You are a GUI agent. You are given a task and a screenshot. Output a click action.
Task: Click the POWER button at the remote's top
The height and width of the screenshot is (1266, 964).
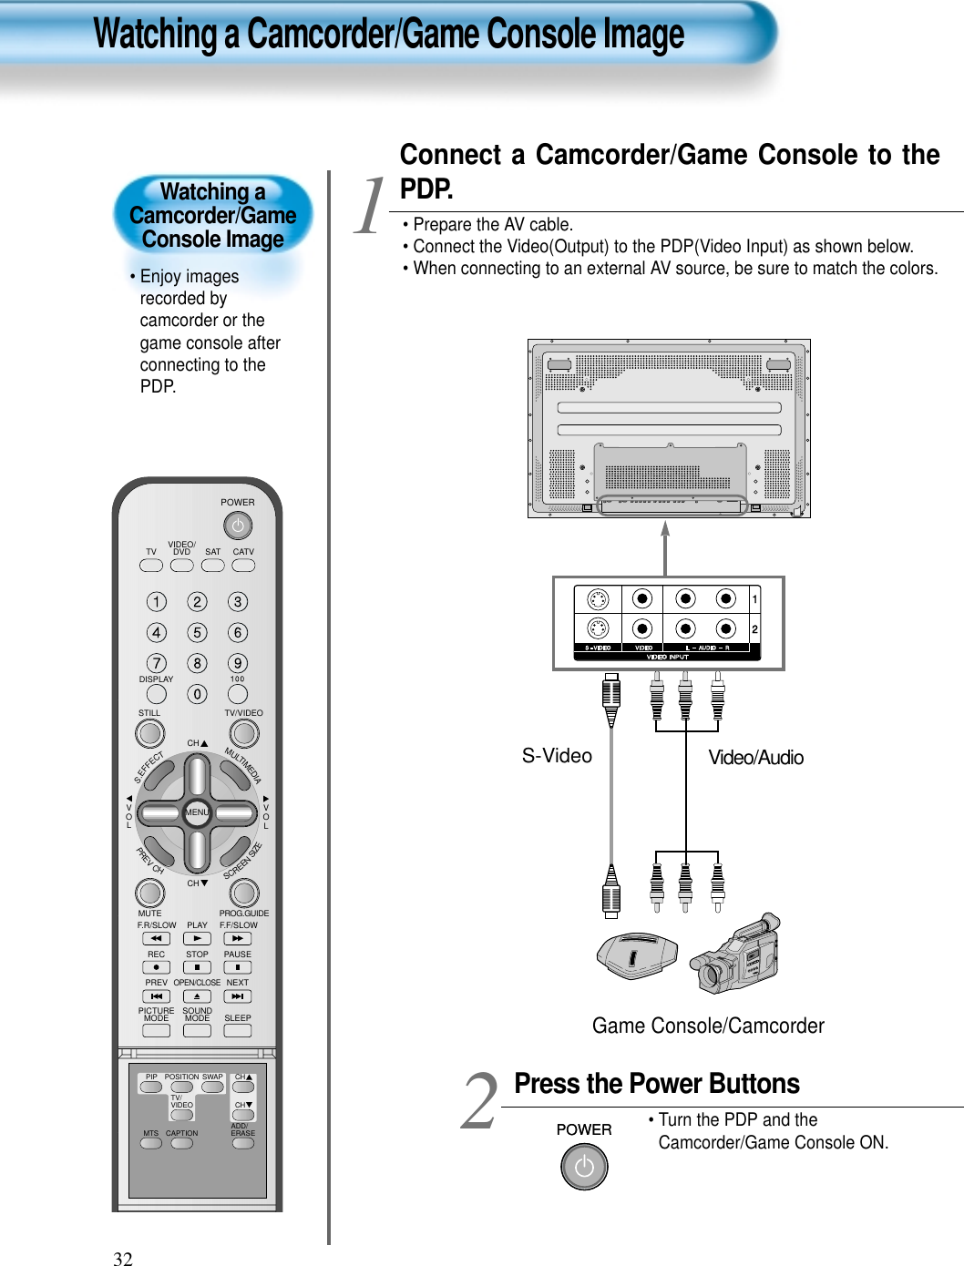click(237, 526)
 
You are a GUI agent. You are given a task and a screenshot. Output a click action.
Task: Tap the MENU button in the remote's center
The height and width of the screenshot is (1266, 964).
click(197, 812)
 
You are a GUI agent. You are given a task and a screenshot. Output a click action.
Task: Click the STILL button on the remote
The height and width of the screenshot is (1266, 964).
click(149, 733)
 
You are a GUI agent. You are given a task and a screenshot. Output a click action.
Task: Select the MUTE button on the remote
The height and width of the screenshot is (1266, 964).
click(149, 893)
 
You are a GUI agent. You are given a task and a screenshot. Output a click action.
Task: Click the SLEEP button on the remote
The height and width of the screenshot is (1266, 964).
click(237, 1031)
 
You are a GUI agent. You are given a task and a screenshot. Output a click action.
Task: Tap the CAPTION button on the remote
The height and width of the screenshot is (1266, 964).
click(182, 1144)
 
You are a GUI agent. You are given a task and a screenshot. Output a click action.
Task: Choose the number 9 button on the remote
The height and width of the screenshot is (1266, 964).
click(238, 663)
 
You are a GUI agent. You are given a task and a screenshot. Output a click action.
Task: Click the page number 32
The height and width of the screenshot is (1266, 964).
click(123, 1259)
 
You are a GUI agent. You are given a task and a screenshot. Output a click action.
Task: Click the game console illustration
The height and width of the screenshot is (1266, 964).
click(637, 955)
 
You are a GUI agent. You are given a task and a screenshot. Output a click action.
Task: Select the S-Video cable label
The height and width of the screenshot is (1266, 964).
click(557, 756)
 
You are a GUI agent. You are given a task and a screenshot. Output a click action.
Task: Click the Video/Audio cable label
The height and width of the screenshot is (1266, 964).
click(755, 758)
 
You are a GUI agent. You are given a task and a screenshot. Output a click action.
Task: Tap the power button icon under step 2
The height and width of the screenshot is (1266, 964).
click(584, 1167)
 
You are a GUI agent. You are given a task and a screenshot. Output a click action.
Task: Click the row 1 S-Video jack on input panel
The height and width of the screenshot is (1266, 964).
click(598, 599)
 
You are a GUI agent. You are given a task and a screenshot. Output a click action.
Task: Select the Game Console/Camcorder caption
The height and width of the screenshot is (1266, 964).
click(708, 1026)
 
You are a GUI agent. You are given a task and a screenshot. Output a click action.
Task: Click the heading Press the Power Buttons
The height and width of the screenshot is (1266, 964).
click(656, 1084)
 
